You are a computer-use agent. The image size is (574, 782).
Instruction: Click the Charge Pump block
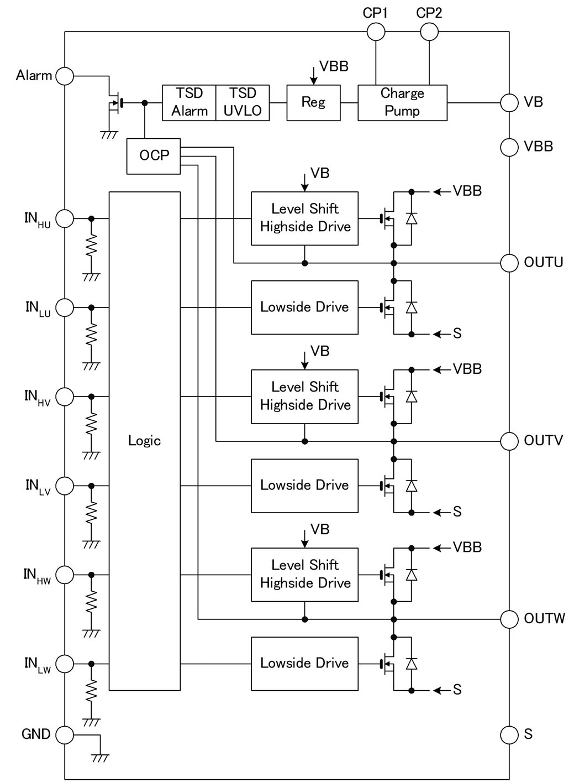pyautogui.click(x=402, y=102)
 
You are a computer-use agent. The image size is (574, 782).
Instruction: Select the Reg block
pyautogui.click(x=313, y=102)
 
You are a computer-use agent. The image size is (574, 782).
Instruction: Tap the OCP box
pyautogui.click(x=154, y=156)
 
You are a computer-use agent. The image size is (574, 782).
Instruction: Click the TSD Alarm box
pyautogui.click(x=189, y=102)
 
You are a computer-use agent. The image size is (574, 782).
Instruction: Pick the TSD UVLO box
pyautogui.click(x=243, y=102)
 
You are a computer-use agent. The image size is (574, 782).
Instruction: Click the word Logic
pyautogui.click(x=144, y=441)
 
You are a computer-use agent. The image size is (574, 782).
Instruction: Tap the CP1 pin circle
pyautogui.click(x=376, y=32)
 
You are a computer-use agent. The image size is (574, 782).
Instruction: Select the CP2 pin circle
pyautogui.click(x=429, y=32)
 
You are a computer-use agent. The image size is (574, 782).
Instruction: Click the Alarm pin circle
pyautogui.click(x=65, y=76)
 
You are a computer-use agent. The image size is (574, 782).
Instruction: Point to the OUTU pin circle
pyautogui.click(x=509, y=263)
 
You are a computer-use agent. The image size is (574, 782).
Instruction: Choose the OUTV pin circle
pyautogui.click(x=509, y=441)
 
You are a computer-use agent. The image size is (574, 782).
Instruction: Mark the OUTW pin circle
pyautogui.click(x=509, y=619)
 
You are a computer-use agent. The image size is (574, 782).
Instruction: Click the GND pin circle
pyautogui.click(x=65, y=734)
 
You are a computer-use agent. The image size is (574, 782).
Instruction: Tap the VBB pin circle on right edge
pyautogui.click(x=509, y=147)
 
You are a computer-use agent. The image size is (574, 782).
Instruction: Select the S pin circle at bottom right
pyautogui.click(x=509, y=734)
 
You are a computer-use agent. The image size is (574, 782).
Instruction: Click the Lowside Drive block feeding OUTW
pyautogui.click(x=304, y=664)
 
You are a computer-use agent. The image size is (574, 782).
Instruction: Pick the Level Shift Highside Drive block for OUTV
pyautogui.click(x=304, y=397)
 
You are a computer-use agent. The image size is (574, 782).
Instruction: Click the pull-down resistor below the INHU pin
pyautogui.click(x=92, y=245)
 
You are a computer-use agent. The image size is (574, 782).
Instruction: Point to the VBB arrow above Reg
pyautogui.click(x=314, y=75)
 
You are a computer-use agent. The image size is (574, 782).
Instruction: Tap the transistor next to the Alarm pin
pyautogui.click(x=115, y=103)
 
